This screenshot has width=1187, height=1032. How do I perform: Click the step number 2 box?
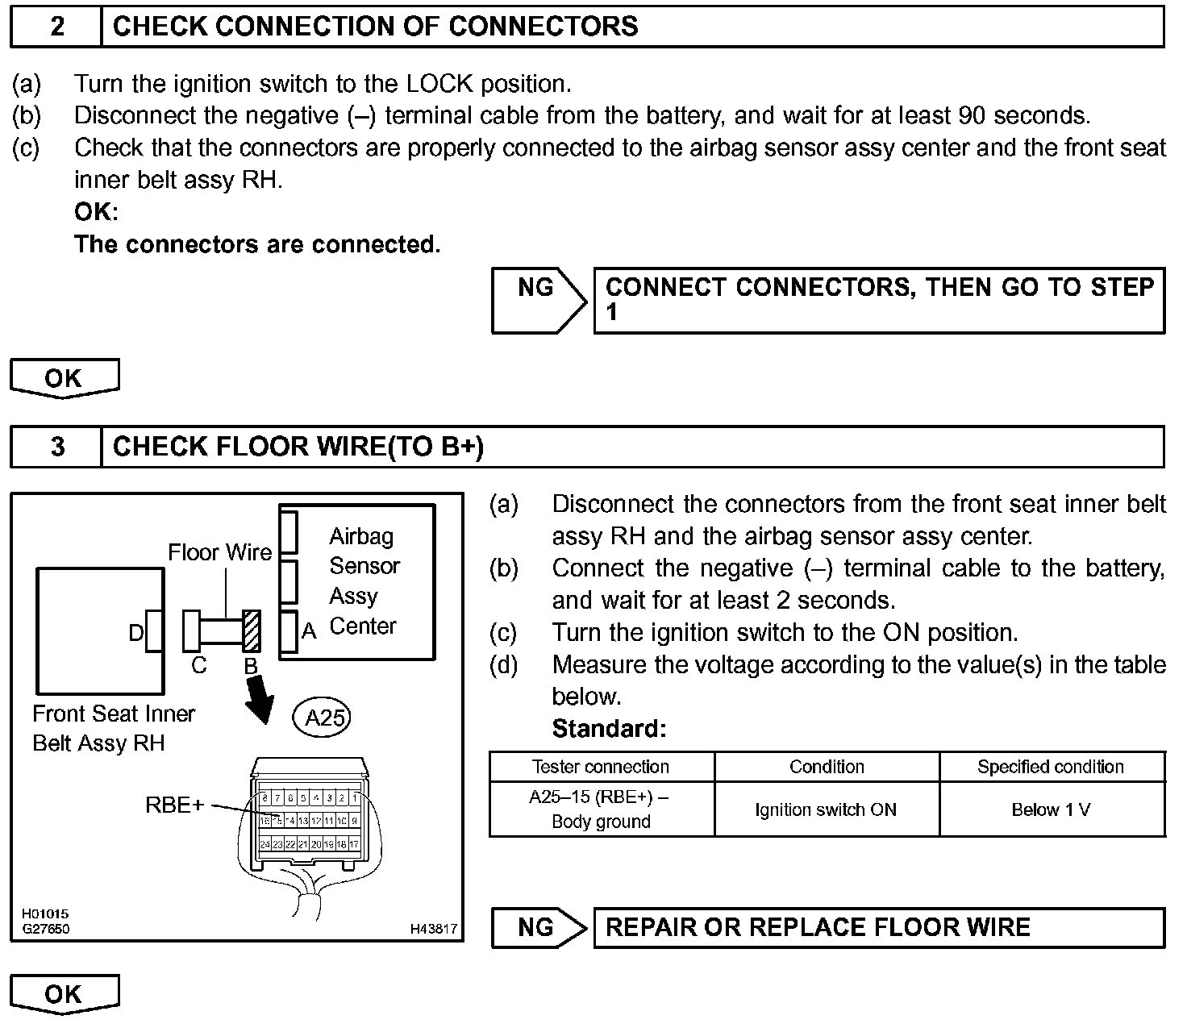56,27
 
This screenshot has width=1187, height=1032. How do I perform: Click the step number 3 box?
56,447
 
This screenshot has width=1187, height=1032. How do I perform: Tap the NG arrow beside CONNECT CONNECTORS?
539,300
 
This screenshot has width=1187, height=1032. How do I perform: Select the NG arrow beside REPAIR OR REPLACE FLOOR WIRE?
539,927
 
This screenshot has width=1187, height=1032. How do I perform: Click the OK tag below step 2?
64,377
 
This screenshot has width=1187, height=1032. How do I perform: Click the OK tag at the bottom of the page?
64,993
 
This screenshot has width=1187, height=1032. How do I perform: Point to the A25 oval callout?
323,717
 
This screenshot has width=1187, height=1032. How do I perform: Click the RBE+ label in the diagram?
174,805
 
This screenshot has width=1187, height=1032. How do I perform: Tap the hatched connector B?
252,630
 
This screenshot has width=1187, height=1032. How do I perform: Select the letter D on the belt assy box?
136,633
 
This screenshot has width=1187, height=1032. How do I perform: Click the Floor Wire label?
219,552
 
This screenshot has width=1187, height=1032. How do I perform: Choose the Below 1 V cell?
1051,809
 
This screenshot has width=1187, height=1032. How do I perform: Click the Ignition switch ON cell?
826,809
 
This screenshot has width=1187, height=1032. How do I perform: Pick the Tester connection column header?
601,767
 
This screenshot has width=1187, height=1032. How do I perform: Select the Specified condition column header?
1051,767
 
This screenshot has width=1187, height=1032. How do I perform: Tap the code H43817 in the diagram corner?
433,929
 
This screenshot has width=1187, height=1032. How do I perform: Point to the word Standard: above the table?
609,729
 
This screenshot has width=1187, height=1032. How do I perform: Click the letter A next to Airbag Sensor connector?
309,631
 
